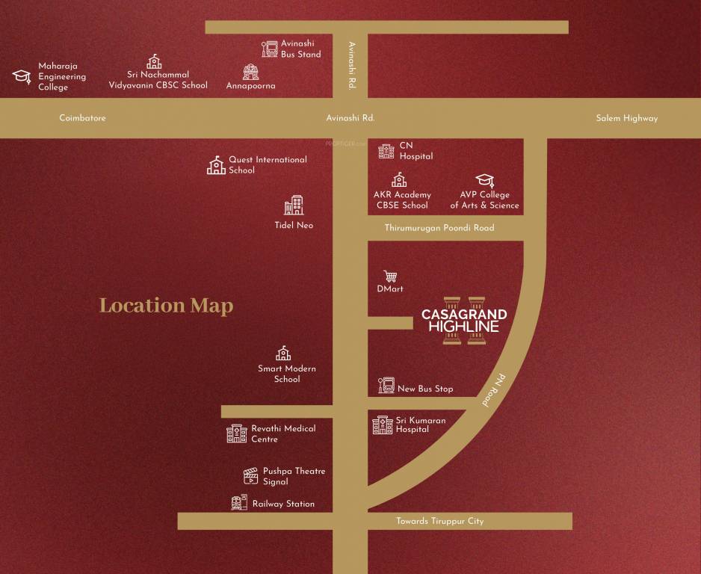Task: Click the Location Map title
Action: [x=166, y=306]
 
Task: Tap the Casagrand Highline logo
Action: [x=464, y=321]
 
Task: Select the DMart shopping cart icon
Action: [x=390, y=276]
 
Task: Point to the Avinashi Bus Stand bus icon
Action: [x=270, y=49]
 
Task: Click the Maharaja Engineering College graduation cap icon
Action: [x=22, y=76]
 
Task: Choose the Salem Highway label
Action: [x=626, y=118]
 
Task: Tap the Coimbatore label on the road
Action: [x=82, y=118]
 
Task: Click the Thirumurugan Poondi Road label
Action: [x=439, y=228]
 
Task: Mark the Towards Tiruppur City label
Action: [x=439, y=521]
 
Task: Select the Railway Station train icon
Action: [x=239, y=503]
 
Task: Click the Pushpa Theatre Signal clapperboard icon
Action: [x=250, y=476]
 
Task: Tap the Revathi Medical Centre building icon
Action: [x=236, y=433]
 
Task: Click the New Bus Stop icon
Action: [x=386, y=386]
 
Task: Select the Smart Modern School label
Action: [x=287, y=374]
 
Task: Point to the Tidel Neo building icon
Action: [x=294, y=206]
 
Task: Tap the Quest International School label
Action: [x=267, y=164]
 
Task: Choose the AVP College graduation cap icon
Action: [x=485, y=180]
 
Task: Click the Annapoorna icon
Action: [x=250, y=72]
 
